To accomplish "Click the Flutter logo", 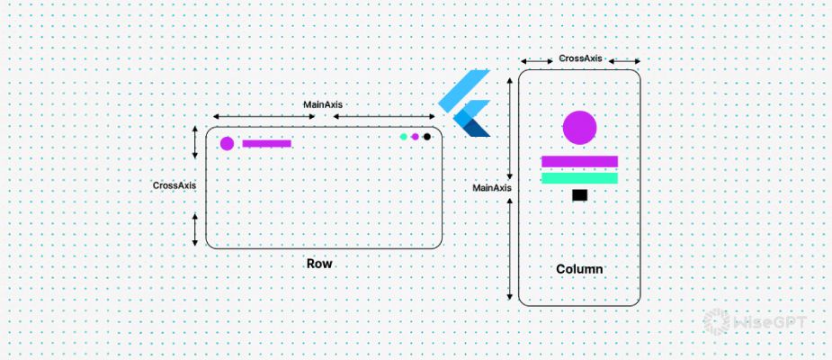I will [x=465, y=102].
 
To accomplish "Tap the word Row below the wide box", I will [x=319, y=264].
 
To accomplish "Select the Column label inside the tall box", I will [x=579, y=269].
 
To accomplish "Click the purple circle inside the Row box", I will [x=227, y=143].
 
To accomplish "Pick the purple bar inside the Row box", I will [x=267, y=143].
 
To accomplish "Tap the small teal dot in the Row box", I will [x=404, y=137].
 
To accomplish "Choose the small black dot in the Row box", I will [x=427, y=137].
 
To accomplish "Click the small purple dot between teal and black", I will [x=416, y=137].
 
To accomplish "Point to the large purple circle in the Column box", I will [x=579, y=127].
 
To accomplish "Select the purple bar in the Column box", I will [x=579, y=162].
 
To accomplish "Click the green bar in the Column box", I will [x=579, y=178].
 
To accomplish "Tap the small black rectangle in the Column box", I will [x=579, y=194].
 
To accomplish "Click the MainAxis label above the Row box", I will [x=322, y=104].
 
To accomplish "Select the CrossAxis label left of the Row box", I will [x=174, y=185].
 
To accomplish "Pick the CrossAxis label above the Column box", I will [x=580, y=58].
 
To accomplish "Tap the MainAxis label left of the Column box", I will [x=492, y=188].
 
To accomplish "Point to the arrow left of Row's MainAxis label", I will [x=256, y=117].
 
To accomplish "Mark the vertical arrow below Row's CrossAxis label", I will [x=195, y=229].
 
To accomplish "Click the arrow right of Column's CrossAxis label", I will [x=624, y=62].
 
